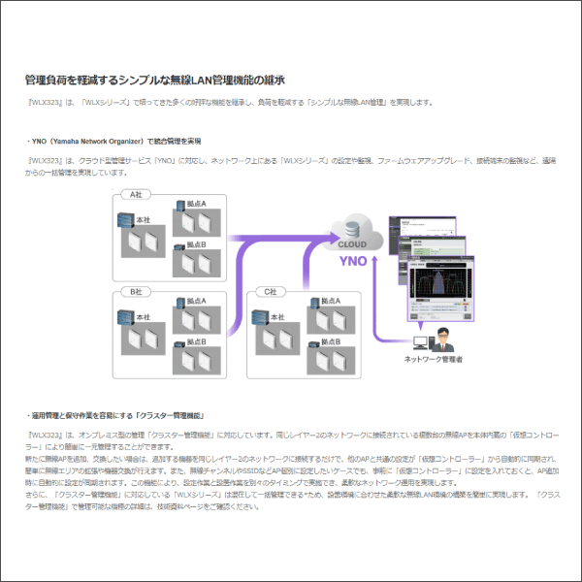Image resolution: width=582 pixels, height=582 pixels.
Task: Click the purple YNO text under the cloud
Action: (x=350, y=261)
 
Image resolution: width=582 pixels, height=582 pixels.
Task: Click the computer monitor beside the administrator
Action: (x=420, y=341)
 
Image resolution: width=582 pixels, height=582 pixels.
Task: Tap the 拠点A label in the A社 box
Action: (x=196, y=205)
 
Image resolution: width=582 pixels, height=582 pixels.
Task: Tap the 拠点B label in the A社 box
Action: (x=196, y=245)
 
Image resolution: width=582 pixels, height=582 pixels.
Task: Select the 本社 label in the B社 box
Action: (x=143, y=318)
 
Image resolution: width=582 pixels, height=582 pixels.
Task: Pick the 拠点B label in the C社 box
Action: (x=330, y=342)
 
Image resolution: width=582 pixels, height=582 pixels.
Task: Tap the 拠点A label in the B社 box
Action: (x=196, y=302)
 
